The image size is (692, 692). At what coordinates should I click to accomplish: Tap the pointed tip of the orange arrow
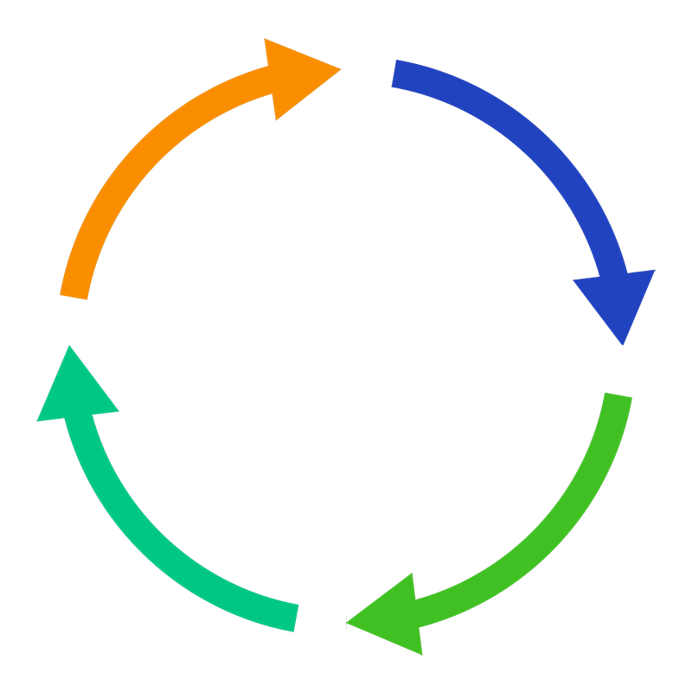pos(339,67)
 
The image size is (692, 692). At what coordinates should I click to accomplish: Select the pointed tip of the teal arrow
pos(67,347)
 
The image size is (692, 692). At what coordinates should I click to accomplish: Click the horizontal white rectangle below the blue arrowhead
pos(626,356)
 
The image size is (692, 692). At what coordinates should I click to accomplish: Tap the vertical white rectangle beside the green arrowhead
pos(336,624)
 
